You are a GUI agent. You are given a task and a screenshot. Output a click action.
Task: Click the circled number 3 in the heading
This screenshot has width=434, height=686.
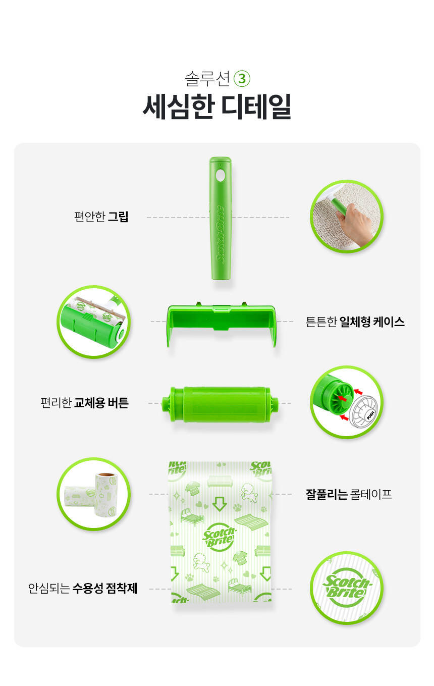click(242, 79)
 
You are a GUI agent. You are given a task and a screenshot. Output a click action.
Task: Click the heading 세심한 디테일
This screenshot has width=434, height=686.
click(216, 107)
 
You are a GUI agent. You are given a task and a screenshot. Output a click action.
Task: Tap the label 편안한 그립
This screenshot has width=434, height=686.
click(101, 217)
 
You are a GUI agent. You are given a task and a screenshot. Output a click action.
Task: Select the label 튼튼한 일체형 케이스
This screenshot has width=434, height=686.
click(355, 322)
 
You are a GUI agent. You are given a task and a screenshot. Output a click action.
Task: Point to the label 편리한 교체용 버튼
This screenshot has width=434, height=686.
click(85, 403)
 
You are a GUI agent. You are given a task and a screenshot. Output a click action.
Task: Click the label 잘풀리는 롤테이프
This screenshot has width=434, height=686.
click(349, 494)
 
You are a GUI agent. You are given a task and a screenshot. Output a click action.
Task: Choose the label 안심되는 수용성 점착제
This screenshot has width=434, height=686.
click(83, 588)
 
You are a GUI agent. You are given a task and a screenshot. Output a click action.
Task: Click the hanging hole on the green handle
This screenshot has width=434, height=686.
click(220, 176)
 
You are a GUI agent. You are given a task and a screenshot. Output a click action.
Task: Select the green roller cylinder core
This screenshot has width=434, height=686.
click(220, 404)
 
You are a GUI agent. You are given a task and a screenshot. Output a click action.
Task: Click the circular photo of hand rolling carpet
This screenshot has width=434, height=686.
click(347, 217)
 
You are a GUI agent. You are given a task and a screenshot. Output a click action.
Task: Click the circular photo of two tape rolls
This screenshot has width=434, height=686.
click(94, 494)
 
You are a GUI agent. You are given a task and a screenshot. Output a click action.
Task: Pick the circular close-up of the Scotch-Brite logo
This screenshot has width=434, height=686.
click(347, 588)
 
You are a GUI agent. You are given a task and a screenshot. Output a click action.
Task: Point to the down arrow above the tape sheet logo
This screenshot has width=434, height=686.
click(220, 504)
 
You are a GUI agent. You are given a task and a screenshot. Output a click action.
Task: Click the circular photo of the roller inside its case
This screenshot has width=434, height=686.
click(94, 322)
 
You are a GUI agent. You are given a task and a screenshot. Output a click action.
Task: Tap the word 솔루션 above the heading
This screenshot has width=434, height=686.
click(207, 79)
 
